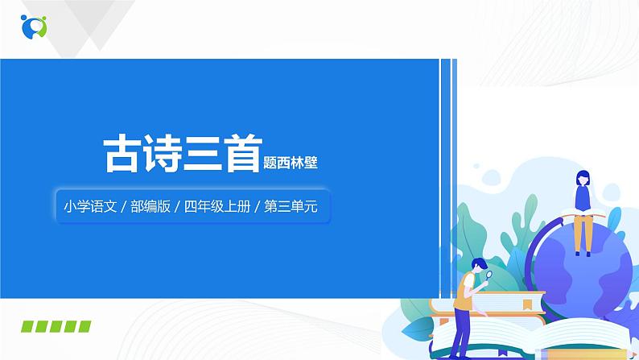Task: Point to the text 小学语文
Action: tap(89, 206)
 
